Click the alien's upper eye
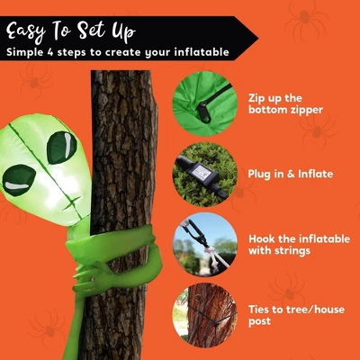[61, 148]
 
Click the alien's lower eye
[19, 180]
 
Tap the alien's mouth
[71, 203]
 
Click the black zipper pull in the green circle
[204, 112]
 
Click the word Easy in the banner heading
[26, 31]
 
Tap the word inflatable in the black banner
[202, 52]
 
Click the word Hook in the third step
[262, 238]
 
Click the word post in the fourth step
[260, 321]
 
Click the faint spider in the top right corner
[307, 19]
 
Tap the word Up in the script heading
[124, 31]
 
